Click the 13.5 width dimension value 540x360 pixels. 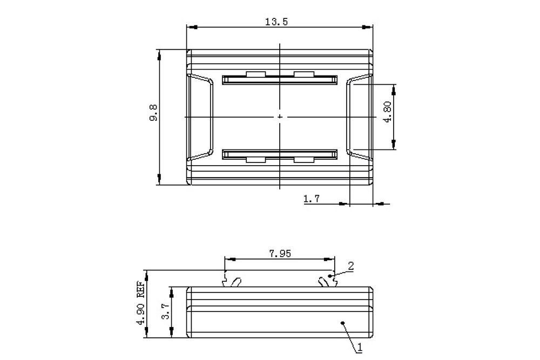click(279, 22)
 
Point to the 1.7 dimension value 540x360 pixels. click(312, 199)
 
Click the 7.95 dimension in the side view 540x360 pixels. click(279, 253)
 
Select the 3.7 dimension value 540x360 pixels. click(166, 312)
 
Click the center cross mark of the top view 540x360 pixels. click(279, 117)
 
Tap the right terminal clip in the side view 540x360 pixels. click(327, 281)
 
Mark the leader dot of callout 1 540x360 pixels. click(342, 323)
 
